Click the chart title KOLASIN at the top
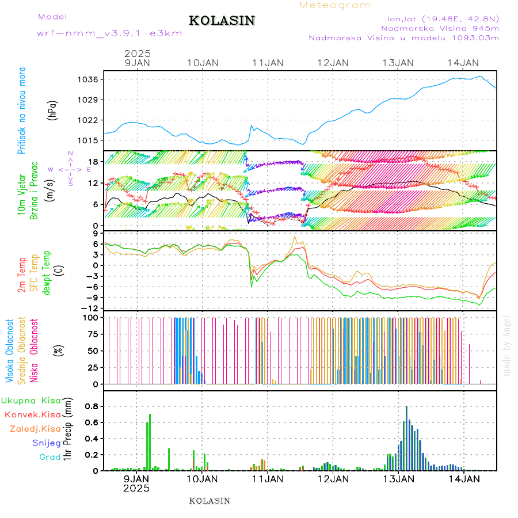click(x=222, y=21)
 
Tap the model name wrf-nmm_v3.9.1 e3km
click(x=109, y=33)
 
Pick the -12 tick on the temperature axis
click(x=92, y=308)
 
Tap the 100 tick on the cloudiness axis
click(x=92, y=317)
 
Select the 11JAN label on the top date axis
click(x=268, y=63)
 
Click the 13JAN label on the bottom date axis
click(x=398, y=479)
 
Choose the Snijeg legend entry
click(x=47, y=443)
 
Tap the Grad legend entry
click(x=50, y=458)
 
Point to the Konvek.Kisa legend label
click(x=32, y=414)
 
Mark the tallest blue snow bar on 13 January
click(x=406, y=437)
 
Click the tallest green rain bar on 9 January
click(x=150, y=442)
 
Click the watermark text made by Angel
click(x=507, y=345)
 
